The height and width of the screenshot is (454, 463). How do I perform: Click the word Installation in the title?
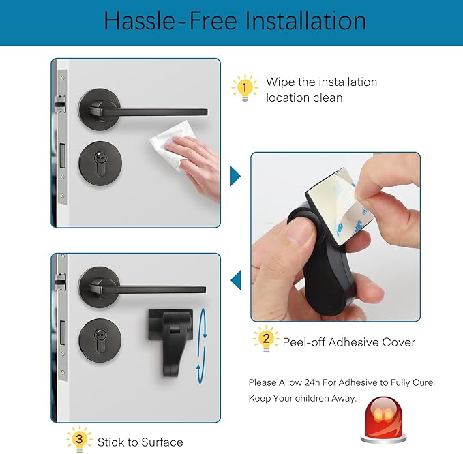(x=305, y=20)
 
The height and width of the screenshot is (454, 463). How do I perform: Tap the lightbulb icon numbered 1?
(x=245, y=88)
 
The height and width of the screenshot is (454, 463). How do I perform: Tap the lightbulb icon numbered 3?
(x=78, y=440)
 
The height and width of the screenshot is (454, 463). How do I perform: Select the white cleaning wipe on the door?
(x=168, y=151)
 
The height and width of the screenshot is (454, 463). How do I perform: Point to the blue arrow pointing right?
(x=235, y=176)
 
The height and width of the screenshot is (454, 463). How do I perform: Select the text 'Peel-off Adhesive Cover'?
(x=348, y=342)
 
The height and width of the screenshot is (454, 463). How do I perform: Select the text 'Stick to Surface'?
(x=140, y=442)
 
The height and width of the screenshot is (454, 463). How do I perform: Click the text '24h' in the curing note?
(x=318, y=382)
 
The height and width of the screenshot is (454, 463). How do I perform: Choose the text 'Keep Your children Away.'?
(x=303, y=398)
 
